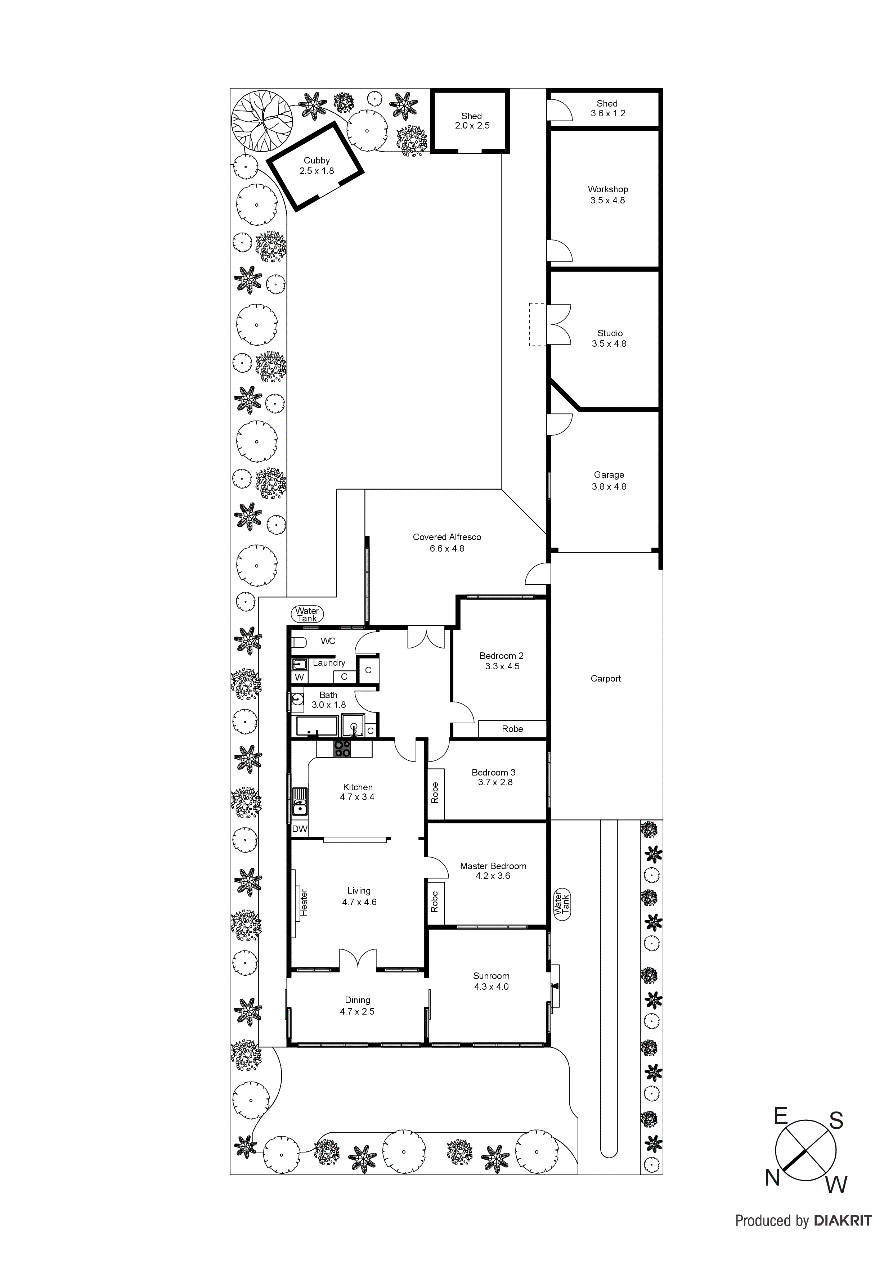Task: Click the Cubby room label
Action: coord(317,161)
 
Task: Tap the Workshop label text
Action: coord(607,189)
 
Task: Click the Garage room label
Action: coord(609,475)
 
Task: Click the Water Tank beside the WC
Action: coord(307,615)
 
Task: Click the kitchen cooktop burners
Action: coord(342,749)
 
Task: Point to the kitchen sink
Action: coord(299,803)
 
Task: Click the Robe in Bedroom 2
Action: coord(512,729)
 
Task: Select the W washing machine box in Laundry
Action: coord(299,677)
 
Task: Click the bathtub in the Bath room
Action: coord(317,726)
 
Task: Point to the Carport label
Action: coord(605,679)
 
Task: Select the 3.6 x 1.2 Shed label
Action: coord(607,113)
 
